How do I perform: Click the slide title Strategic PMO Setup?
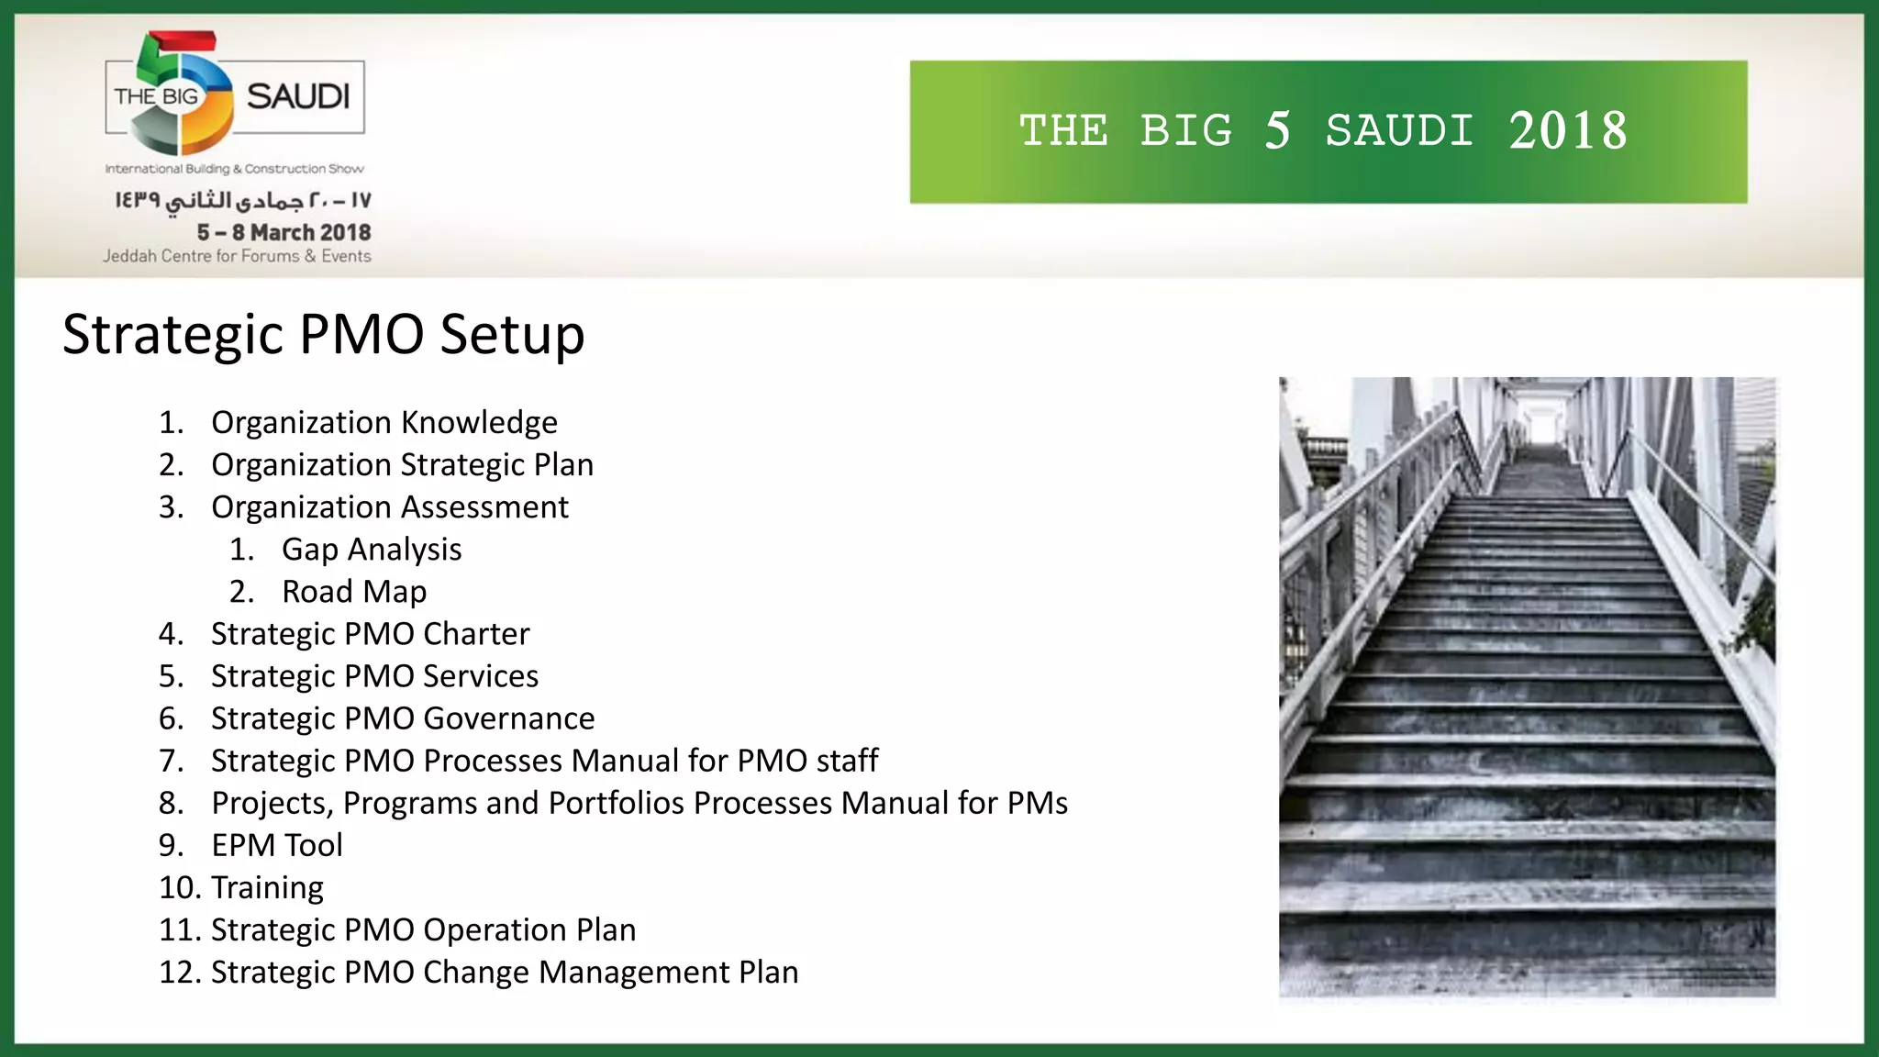coord(323,335)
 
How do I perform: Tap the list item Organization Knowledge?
coord(384,423)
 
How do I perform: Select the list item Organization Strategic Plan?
coord(402,465)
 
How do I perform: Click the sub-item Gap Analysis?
coord(372,550)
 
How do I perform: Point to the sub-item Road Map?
coord(354,592)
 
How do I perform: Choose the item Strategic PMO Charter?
coord(370,634)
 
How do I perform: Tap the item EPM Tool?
coord(276,845)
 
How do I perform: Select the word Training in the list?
coord(267,887)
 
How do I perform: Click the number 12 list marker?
coord(180,972)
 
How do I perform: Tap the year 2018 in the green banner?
coord(1568,131)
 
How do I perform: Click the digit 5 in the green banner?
coord(1278,131)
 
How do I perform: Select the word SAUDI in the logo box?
coord(298,96)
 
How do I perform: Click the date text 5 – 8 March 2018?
coord(284,233)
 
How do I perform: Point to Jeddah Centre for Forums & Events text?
coord(237,257)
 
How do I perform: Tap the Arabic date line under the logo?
coord(242,200)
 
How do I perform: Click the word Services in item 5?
coord(481,676)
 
